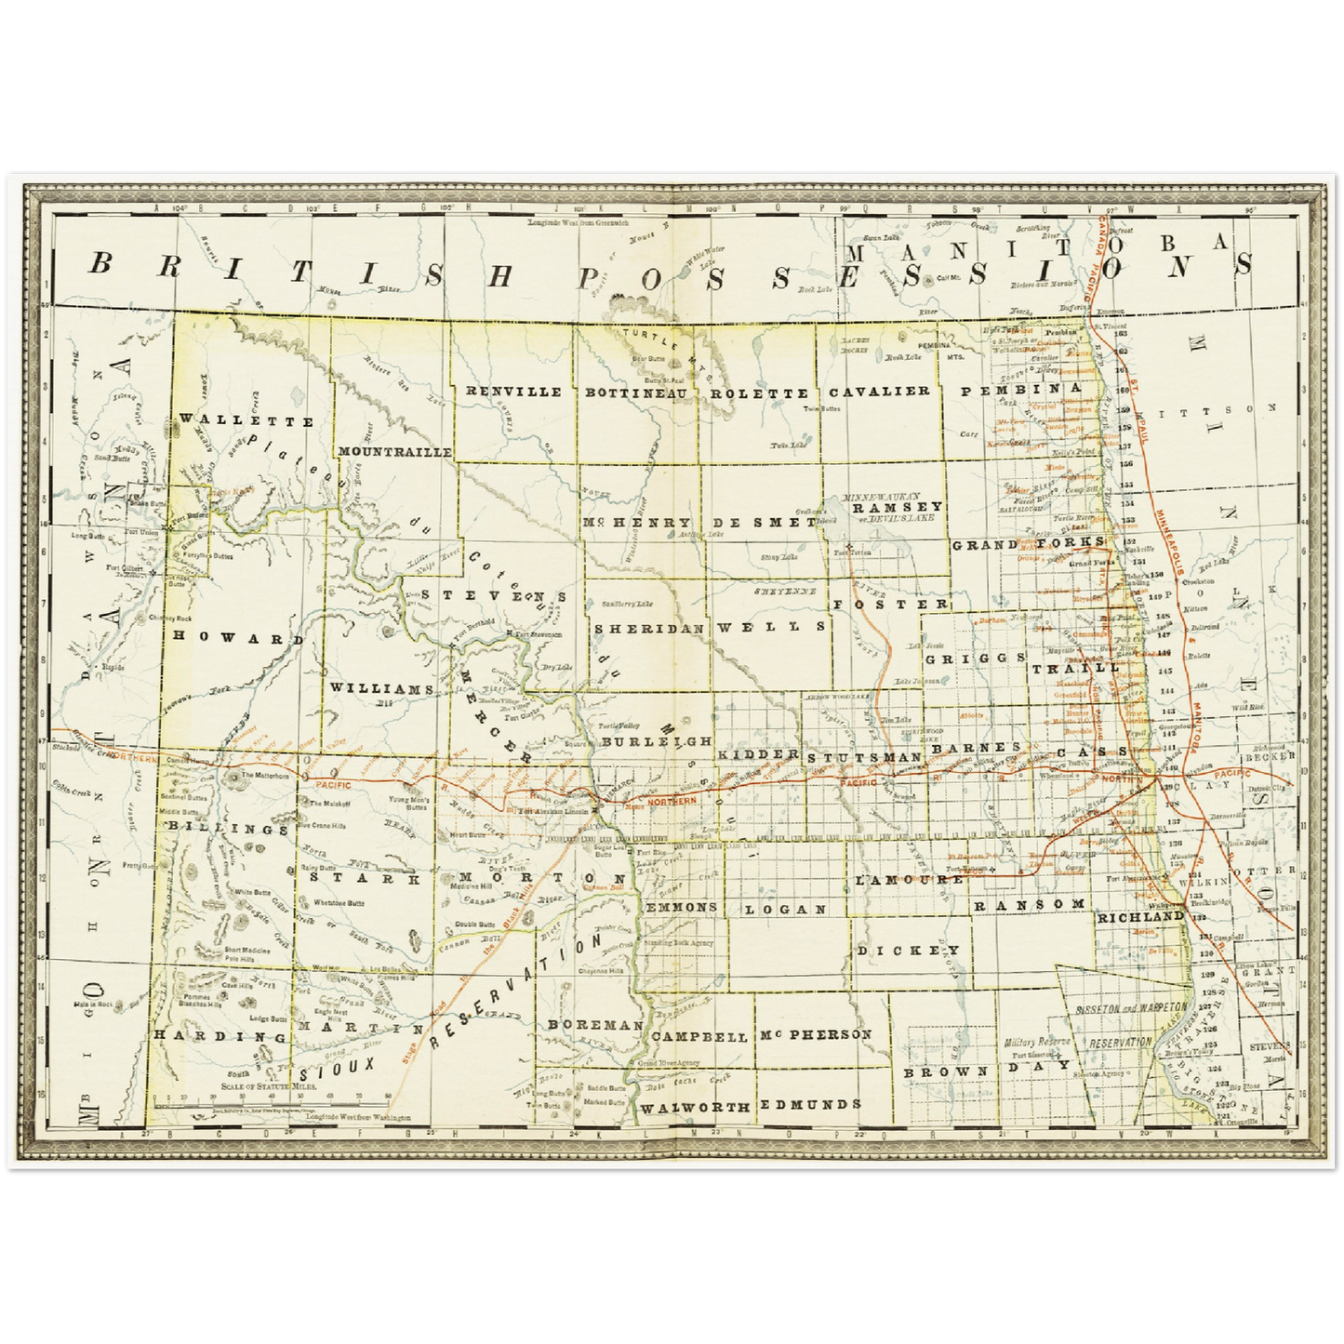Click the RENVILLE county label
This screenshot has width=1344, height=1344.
(513, 392)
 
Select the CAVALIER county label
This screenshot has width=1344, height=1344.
(879, 391)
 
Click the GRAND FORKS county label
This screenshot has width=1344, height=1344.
(1028, 543)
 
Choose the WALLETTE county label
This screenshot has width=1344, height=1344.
(246, 420)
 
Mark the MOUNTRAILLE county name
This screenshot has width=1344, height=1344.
(395, 451)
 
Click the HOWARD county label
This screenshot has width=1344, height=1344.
(238, 640)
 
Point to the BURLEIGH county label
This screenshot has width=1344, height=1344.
(657, 741)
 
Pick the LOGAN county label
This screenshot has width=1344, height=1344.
(784, 909)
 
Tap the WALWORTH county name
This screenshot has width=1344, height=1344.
(695, 1107)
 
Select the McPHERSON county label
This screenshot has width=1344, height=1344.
(815, 1034)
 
